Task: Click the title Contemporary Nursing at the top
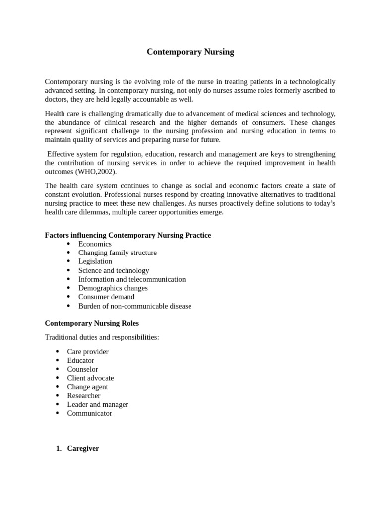(190, 52)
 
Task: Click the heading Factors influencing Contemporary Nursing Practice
(127, 235)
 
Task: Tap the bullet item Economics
(95, 244)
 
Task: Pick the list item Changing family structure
(117, 253)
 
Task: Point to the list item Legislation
(95, 261)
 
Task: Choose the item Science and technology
(114, 270)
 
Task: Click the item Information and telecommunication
(132, 279)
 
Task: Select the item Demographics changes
(113, 288)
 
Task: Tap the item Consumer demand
(106, 297)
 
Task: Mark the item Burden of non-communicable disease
(134, 306)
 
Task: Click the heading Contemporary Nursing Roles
(92, 323)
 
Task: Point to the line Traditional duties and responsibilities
(102, 337)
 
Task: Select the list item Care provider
(88, 352)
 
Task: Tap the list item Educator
(80, 361)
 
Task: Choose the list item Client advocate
(90, 378)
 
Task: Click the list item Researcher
(84, 396)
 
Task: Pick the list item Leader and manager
(97, 404)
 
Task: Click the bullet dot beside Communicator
(58, 413)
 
